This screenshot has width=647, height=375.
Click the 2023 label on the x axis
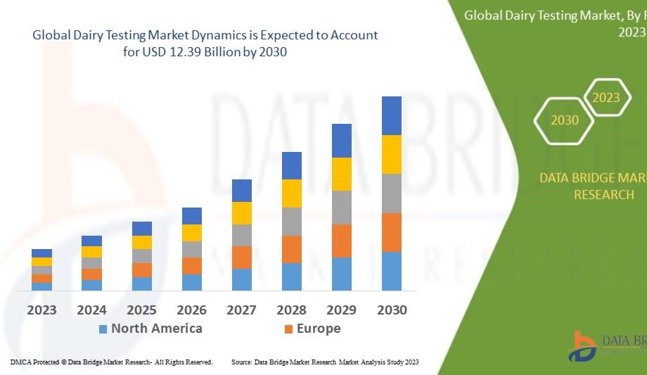click(x=41, y=310)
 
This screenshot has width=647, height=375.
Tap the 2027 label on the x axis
click(x=242, y=310)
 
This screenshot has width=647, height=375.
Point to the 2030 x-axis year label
click(x=392, y=310)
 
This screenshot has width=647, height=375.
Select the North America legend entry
click(x=150, y=329)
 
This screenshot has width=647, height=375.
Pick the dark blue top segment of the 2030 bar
click(x=392, y=115)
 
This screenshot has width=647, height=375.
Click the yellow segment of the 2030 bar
click(x=392, y=154)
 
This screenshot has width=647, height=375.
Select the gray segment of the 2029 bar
click(x=342, y=207)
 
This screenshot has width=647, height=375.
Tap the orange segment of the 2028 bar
click(x=292, y=249)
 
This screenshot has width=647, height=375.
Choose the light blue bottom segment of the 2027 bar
click(x=242, y=279)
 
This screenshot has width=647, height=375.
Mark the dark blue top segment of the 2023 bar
click(x=41, y=253)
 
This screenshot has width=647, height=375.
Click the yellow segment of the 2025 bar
click(x=142, y=242)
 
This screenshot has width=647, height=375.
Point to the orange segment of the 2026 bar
click(x=192, y=265)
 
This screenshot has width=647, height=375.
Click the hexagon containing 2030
click(x=565, y=120)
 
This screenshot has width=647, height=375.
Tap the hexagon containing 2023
click(x=606, y=98)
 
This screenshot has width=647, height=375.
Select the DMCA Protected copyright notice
click(x=111, y=362)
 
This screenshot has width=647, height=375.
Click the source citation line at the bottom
click(x=325, y=362)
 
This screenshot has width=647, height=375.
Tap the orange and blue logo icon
click(x=584, y=345)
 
